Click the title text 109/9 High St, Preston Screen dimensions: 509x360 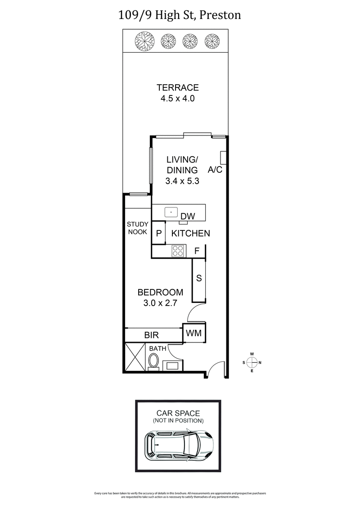click(x=180, y=15)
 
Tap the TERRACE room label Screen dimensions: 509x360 click(x=177, y=88)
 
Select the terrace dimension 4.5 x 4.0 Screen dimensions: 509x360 click(x=177, y=99)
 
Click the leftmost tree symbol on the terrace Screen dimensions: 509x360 click(x=144, y=41)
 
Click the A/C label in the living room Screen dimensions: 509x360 click(x=215, y=170)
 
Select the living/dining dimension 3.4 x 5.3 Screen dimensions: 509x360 click(x=182, y=181)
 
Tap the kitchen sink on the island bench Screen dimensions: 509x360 click(x=171, y=211)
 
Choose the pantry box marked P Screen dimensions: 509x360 click(x=158, y=234)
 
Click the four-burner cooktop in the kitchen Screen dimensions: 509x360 click(x=178, y=251)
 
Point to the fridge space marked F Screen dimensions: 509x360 click(x=197, y=251)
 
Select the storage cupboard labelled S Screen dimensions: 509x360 click(x=198, y=278)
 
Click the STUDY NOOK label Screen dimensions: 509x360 click(x=137, y=228)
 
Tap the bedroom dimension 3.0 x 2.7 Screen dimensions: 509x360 click(x=161, y=303)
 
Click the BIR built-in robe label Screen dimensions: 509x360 click(x=150, y=335)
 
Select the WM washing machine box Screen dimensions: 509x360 click(x=194, y=333)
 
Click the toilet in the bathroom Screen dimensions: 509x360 click(x=154, y=361)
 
